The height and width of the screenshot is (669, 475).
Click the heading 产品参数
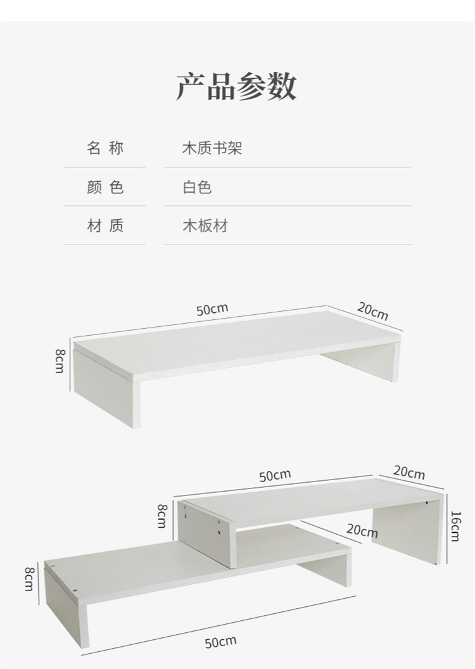point(236,87)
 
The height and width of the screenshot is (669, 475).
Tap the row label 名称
point(105,149)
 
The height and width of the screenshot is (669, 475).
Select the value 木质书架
point(212,149)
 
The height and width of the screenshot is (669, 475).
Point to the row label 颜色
point(105,188)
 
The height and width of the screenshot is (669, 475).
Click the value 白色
point(197,188)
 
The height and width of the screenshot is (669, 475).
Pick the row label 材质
point(105,226)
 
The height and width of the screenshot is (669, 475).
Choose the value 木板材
point(205,226)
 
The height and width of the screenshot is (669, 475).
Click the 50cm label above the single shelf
point(212,310)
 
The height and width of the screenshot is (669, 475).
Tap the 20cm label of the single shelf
point(372,311)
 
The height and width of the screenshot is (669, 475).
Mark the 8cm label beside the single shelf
point(60,360)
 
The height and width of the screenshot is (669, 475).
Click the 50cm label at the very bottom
point(220,642)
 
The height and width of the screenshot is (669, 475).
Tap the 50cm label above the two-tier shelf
point(275,475)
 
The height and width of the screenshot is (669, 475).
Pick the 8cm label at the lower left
point(28,579)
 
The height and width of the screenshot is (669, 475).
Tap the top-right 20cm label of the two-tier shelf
point(409,473)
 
